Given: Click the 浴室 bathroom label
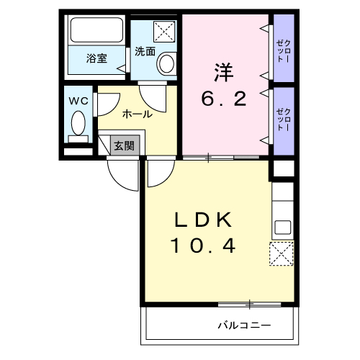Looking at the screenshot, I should [x=96, y=58].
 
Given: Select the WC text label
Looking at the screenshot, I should [x=78, y=101].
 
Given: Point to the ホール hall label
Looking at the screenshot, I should [x=137, y=114].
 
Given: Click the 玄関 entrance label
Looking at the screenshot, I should [x=123, y=145].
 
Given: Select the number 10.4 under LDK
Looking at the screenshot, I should [x=203, y=246].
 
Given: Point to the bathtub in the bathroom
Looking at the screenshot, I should [x=96, y=32].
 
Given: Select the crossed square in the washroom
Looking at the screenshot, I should [x=166, y=32].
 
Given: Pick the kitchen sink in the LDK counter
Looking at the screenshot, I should [x=282, y=227].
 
